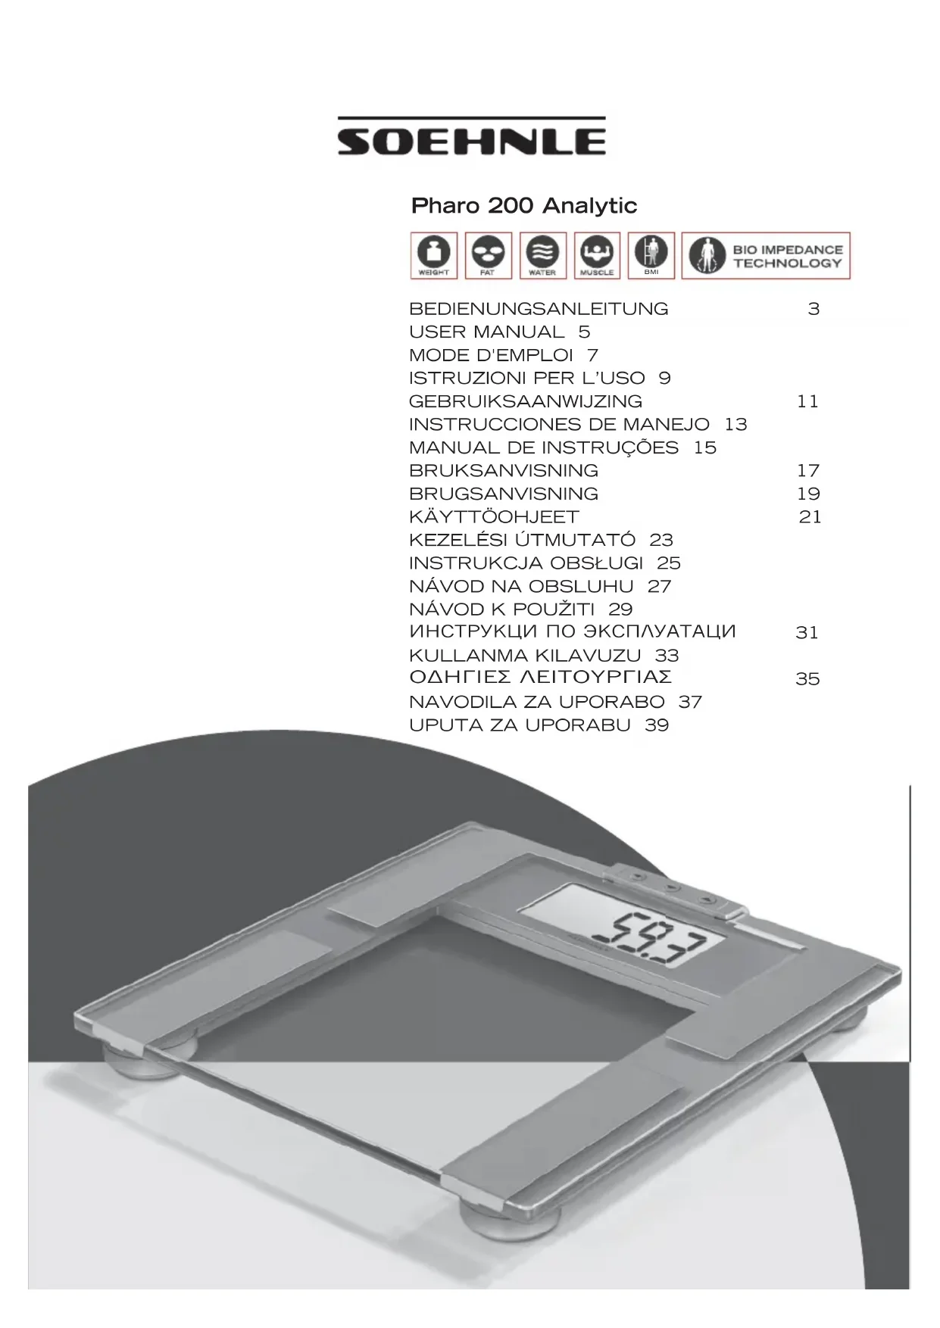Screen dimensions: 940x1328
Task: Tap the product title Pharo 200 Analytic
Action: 523,206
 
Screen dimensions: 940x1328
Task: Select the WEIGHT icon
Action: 433,255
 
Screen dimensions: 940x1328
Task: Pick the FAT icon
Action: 488,255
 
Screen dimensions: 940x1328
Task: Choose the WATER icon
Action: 542,255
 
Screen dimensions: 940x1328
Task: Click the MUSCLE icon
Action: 597,255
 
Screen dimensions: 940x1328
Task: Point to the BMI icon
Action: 651,255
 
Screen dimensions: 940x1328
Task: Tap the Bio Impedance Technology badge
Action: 766,256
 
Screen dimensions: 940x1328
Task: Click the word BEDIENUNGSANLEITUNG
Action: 539,309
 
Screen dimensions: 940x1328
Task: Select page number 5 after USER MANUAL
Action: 584,332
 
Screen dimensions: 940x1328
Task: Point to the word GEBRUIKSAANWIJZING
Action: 526,401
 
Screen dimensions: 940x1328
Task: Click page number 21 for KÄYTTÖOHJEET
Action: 810,517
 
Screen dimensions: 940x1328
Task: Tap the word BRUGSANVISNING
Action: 504,494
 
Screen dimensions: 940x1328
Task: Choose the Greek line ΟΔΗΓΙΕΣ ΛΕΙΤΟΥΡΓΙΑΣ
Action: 540,677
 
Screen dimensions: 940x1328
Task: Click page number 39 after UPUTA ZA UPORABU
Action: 657,725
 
